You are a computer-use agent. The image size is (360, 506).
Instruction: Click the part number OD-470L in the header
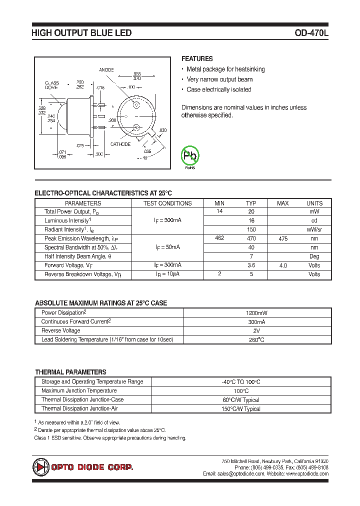coord(311,33)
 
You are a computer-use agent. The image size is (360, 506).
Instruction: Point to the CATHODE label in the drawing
coord(120,144)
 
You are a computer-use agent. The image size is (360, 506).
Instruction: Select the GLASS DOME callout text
coord(52,84)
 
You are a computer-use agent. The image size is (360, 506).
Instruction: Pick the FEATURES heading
coord(197,58)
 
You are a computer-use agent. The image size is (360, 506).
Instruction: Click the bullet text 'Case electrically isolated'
coord(219,89)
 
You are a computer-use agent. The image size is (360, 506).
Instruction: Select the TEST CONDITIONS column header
coord(167,203)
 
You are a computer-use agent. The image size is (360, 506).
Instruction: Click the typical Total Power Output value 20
coord(251,211)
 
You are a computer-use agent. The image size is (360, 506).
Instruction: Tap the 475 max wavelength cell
coord(283,238)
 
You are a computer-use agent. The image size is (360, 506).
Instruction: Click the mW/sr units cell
coord(314,229)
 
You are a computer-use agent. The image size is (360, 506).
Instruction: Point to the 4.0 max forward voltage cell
coord(283,265)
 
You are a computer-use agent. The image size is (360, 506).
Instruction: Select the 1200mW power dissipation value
coord(241,312)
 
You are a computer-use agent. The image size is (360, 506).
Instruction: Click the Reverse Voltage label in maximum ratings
coord(60,330)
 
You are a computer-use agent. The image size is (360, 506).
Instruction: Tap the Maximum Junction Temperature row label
coord(79,390)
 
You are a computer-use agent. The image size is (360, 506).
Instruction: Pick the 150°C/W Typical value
coord(241,408)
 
